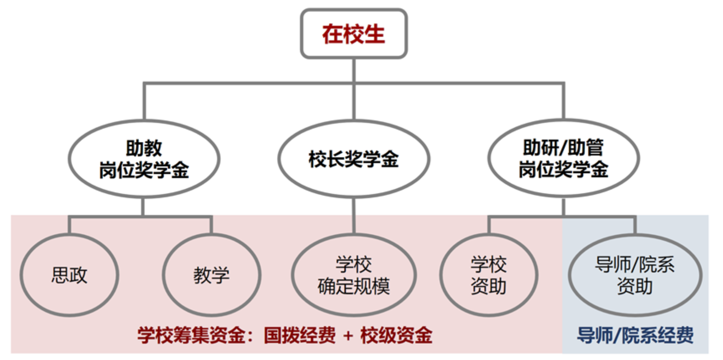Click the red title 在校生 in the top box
coord(353,34)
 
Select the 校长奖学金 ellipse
coord(353,159)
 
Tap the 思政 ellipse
coord(69,275)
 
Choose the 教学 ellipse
coord(211,275)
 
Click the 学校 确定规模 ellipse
coord(353,275)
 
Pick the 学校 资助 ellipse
coord(488,275)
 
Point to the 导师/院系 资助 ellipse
coord(634,275)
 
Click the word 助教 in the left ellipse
coord(144,148)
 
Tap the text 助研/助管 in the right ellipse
coord(563,147)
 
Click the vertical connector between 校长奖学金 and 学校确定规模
coord(354,215)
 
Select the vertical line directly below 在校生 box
coord(354,70)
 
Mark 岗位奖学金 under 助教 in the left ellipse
coord(144,170)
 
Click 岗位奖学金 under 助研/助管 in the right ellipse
coord(563,170)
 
